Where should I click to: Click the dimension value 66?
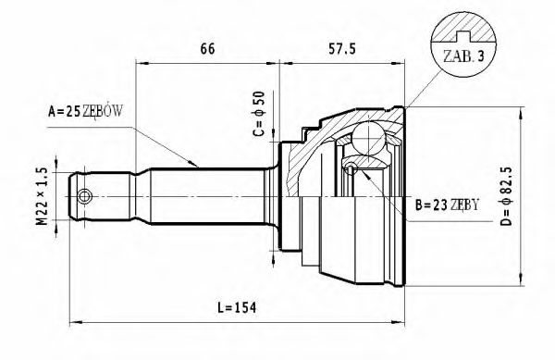point(206,48)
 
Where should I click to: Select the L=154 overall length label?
point(231,307)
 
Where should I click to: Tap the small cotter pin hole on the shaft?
point(85,196)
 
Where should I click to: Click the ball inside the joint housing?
point(368,141)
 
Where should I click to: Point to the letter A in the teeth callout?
point(51,112)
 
